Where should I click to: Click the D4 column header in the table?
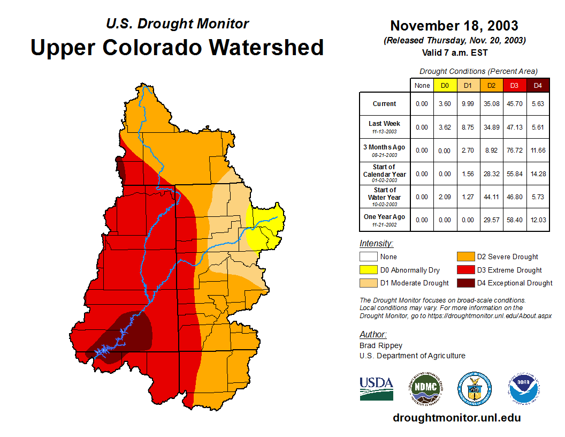(x=538, y=85)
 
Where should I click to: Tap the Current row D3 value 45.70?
(x=515, y=104)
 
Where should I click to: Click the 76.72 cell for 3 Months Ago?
(x=515, y=150)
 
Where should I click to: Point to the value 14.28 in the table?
(x=538, y=174)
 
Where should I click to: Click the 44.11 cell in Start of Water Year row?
(x=492, y=197)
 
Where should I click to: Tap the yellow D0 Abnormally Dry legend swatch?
(x=369, y=270)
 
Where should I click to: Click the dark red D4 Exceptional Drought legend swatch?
(x=465, y=283)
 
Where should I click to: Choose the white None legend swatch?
(x=369, y=257)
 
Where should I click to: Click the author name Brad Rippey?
(x=381, y=345)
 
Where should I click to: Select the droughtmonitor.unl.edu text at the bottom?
(x=456, y=418)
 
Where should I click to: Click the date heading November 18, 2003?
(x=454, y=26)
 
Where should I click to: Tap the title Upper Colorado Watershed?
(x=177, y=47)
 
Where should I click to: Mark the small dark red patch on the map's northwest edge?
(x=121, y=170)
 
